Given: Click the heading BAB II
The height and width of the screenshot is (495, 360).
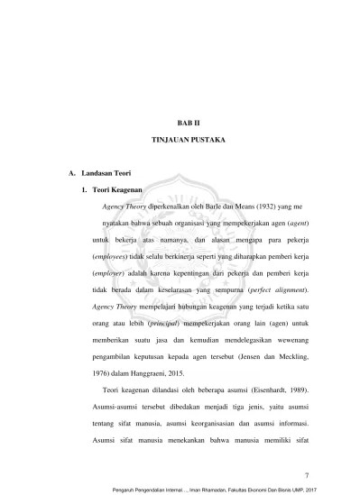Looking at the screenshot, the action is [180, 119].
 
